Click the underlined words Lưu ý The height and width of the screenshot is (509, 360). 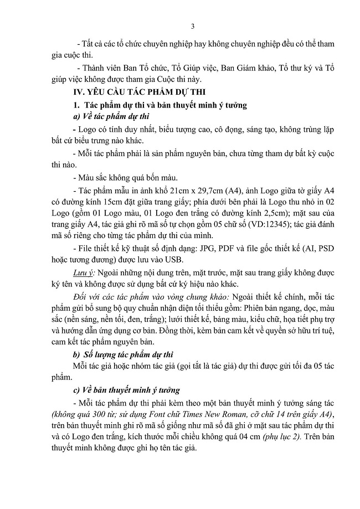click(84, 273)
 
